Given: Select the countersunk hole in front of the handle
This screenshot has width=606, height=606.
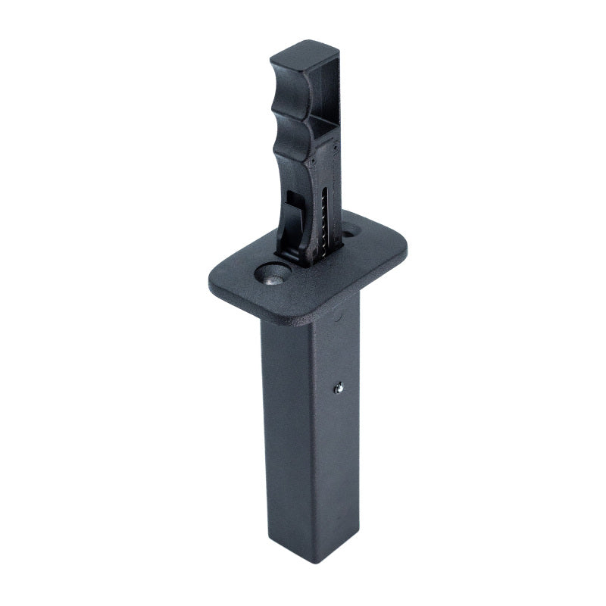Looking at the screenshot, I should click(273, 275).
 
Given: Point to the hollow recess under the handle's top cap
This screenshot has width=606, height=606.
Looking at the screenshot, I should click(321, 87).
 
